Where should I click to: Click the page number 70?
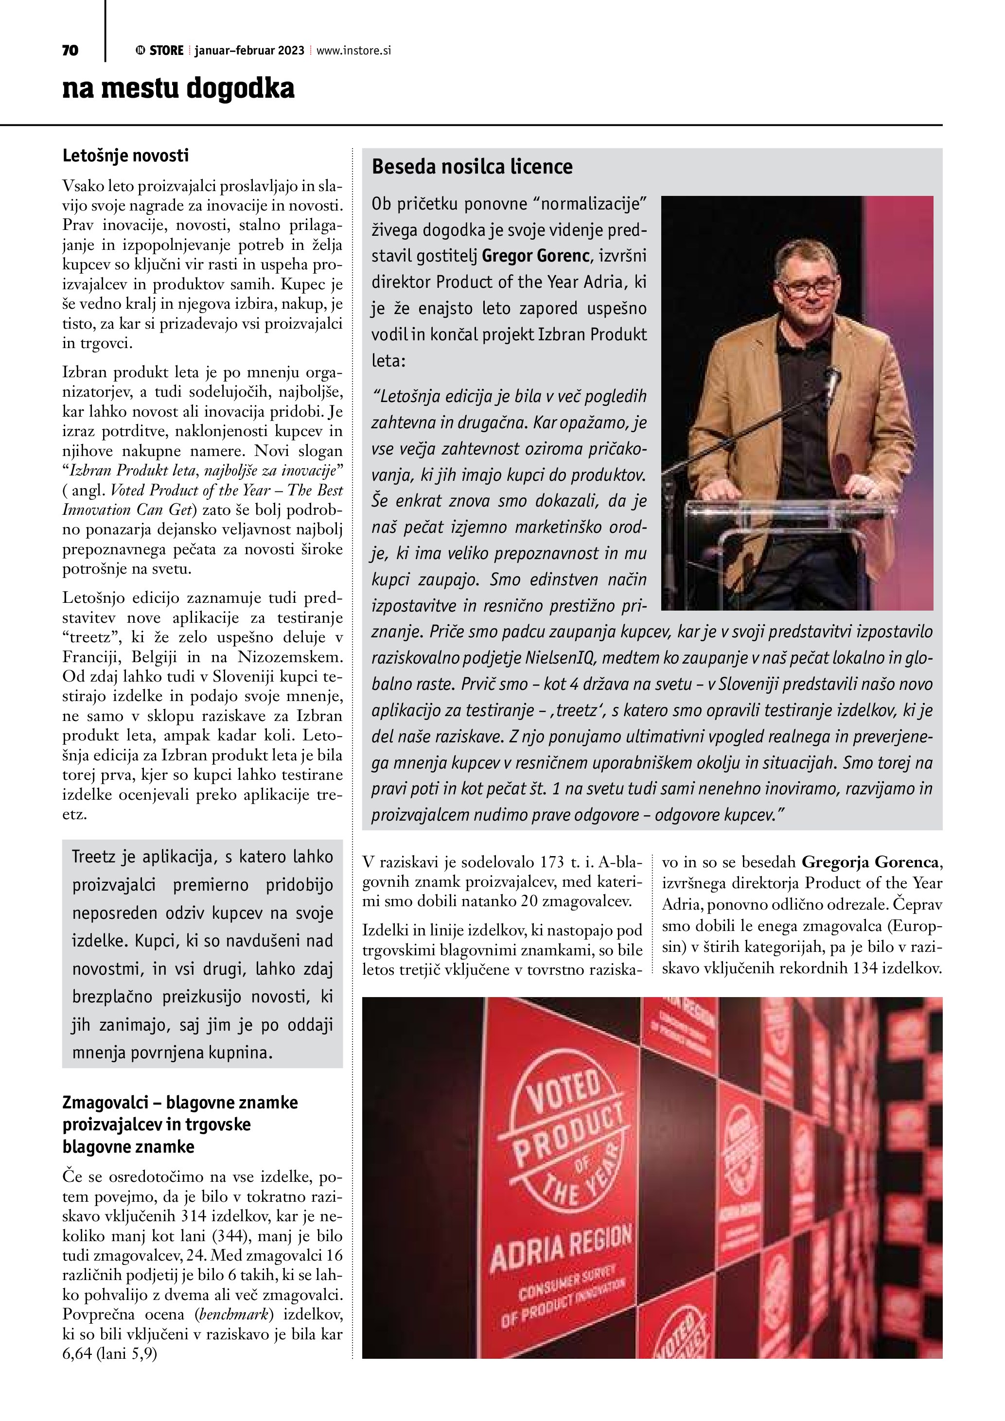[70, 51]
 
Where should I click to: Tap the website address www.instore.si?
[353, 51]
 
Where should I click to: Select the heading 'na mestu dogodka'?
[178, 88]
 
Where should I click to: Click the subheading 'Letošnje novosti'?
[125, 156]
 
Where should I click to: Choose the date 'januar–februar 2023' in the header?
[249, 51]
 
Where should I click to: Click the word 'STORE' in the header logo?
[166, 51]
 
